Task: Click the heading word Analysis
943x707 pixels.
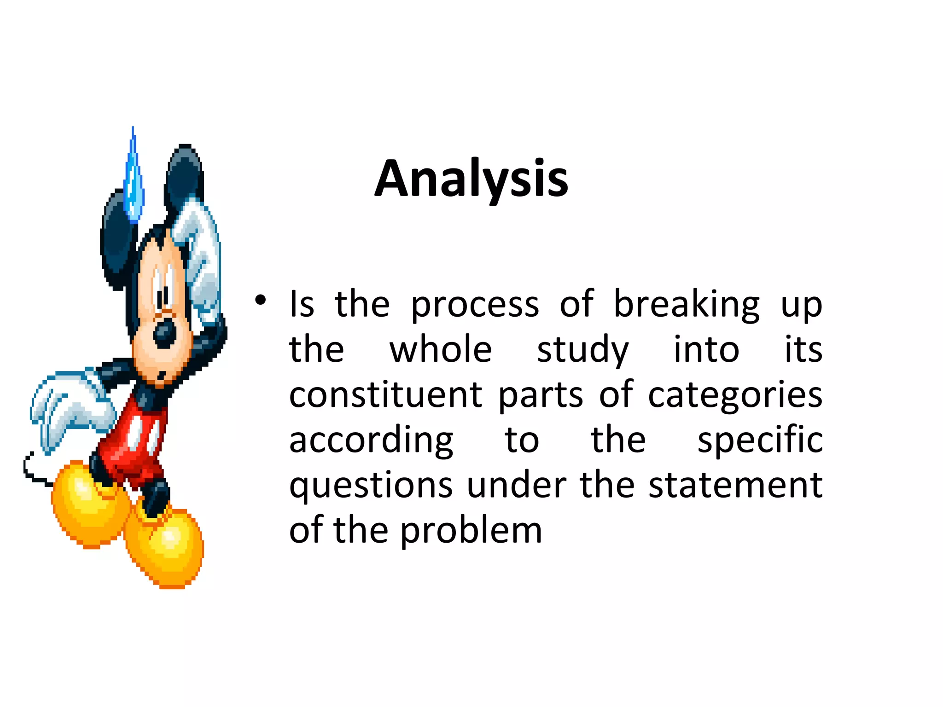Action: click(471, 179)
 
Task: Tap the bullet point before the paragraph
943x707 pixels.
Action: click(260, 301)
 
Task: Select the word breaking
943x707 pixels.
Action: click(687, 305)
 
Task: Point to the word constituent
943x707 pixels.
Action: click(385, 395)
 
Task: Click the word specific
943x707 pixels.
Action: click(760, 440)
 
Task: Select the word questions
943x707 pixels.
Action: click(371, 486)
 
